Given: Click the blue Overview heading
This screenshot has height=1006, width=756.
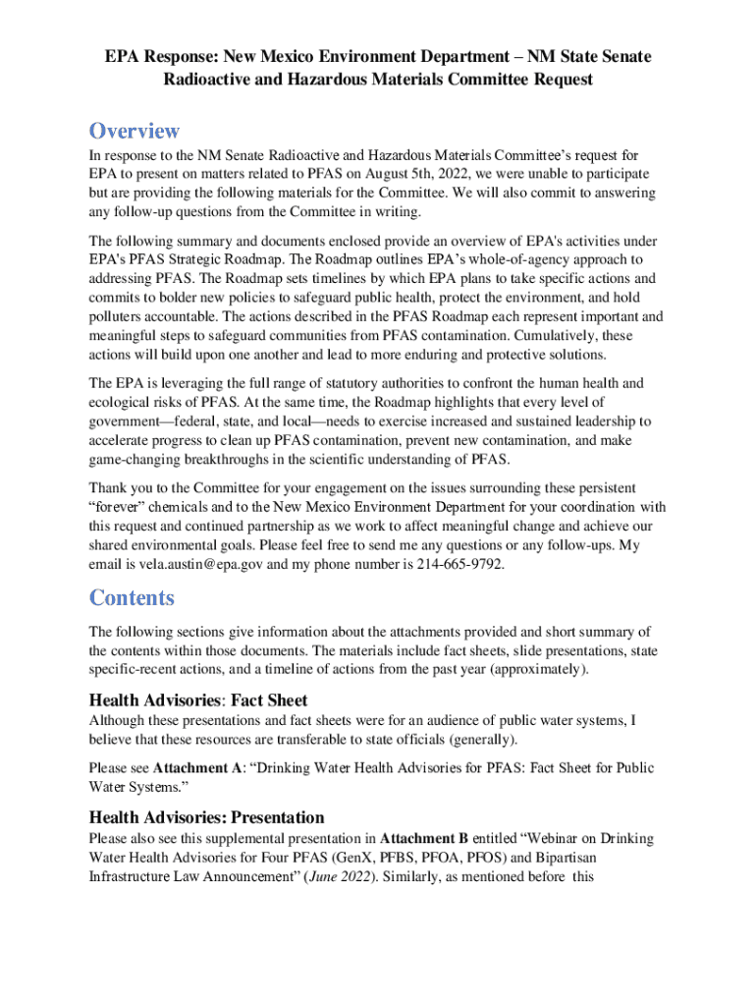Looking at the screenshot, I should (x=135, y=131).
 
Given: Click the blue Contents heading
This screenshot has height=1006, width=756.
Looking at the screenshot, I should (x=132, y=597).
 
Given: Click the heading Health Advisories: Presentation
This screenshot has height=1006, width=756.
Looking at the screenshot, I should (x=206, y=816).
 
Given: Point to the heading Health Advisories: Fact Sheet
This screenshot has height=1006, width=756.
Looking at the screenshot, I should (x=198, y=700).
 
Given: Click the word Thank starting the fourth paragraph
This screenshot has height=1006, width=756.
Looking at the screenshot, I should (x=108, y=488).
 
